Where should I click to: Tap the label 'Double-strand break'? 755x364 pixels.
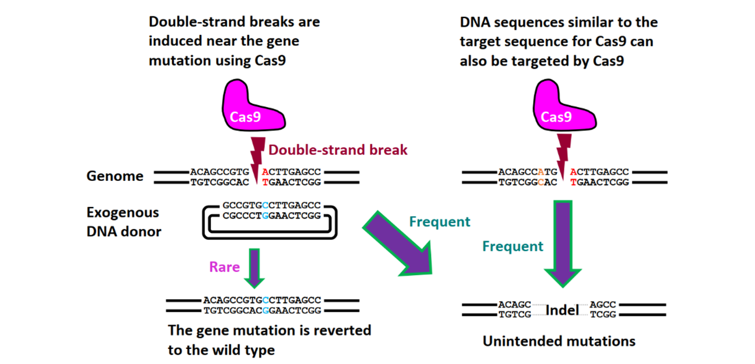(x=337, y=150)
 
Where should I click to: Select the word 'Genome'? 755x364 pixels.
(x=115, y=176)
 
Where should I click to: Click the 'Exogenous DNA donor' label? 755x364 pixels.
(x=124, y=222)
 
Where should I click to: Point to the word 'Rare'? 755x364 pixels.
(x=224, y=267)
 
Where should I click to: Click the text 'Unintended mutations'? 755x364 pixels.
(x=559, y=341)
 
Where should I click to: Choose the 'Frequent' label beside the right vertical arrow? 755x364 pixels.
(x=513, y=246)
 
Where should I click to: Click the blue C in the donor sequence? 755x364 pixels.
(x=265, y=206)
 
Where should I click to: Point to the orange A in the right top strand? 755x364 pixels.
(x=541, y=172)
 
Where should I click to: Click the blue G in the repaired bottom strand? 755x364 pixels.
(x=265, y=311)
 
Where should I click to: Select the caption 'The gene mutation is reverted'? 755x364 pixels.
(x=269, y=330)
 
